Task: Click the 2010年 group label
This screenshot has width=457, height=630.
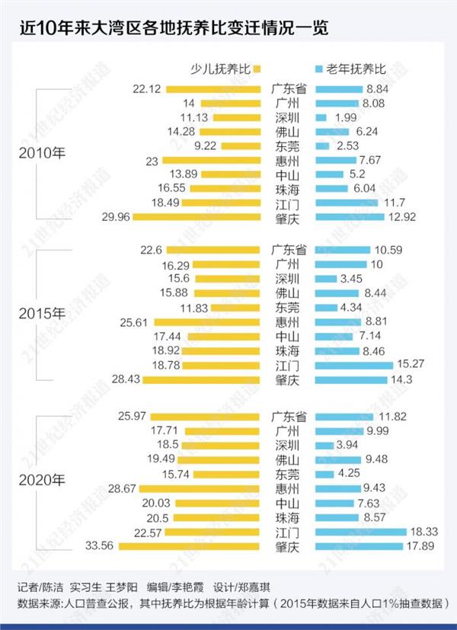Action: click(x=43, y=153)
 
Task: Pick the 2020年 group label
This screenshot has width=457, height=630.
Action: click(x=43, y=480)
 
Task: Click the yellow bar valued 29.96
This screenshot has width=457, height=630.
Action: click(x=197, y=217)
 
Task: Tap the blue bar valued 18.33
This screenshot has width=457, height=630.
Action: click(x=360, y=532)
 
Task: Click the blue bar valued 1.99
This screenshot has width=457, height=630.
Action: click(x=321, y=117)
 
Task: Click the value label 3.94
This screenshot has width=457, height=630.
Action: click(x=350, y=445)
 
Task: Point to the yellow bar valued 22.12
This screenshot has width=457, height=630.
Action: click(x=216, y=89)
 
